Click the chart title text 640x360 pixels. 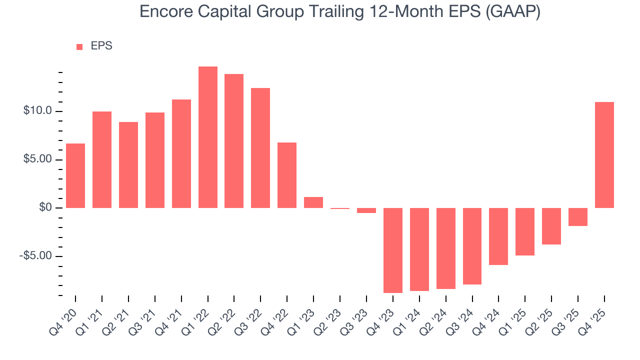point(340,11)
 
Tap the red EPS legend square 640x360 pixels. point(79,47)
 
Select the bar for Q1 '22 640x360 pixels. point(208,137)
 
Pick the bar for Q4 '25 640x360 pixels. point(604,155)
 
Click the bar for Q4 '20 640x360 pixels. point(75,175)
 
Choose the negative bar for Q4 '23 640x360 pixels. point(393,250)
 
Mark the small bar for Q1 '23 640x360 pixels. point(313,202)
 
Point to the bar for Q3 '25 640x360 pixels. point(578,217)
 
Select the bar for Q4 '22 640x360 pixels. point(287,175)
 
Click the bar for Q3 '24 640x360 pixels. point(472,246)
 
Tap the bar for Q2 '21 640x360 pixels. point(128,165)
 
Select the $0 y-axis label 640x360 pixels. point(46,208)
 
